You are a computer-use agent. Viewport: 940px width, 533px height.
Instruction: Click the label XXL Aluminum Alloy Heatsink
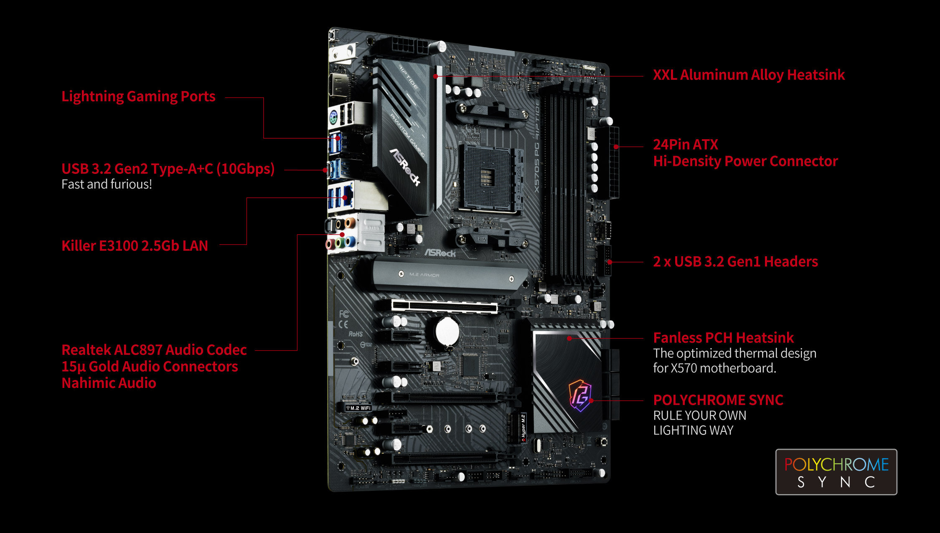pyautogui.click(x=749, y=75)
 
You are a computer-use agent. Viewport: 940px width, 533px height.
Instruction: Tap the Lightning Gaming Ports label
pyautogui.click(x=138, y=97)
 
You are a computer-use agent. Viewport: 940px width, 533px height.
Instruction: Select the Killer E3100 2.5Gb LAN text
pyautogui.click(x=135, y=246)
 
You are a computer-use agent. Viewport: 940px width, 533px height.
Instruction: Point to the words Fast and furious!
pyautogui.click(x=107, y=184)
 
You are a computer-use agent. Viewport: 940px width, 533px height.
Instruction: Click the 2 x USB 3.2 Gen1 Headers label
pyautogui.click(x=735, y=262)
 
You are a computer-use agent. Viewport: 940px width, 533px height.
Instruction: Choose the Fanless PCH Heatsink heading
pyautogui.click(x=723, y=338)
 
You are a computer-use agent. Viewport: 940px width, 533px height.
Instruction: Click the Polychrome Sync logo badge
pyautogui.click(x=836, y=472)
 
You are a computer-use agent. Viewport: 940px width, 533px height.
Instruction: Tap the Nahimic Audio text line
pyautogui.click(x=109, y=383)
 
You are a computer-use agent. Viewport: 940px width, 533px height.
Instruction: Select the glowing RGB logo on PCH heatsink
pyautogui.click(x=580, y=395)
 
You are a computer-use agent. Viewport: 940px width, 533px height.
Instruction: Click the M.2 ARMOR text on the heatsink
pyautogui.click(x=424, y=275)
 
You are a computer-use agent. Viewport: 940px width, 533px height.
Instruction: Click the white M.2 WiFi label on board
pyautogui.click(x=358, y=408)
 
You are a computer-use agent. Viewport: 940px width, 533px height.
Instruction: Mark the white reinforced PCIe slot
pyautogui.click(x=445, y=306)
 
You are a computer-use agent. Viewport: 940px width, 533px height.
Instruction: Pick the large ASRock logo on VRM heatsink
pyautogui.click(x=404, y=166)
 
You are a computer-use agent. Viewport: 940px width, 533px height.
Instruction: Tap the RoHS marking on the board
pyautogui.click(x=356, y=334)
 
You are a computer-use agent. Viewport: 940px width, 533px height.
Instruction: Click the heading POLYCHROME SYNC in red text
pyautogui.click(x=718, y=400)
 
